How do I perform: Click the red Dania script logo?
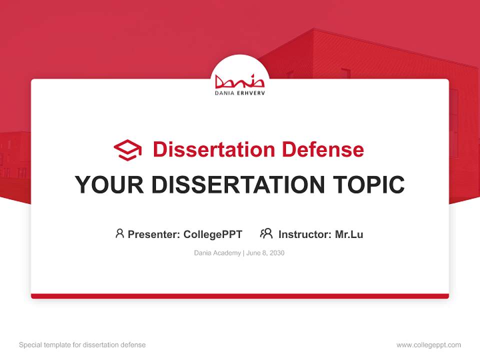pos(239,81)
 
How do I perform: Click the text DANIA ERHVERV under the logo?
pos(239,93)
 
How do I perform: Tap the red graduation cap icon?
pos(127,149)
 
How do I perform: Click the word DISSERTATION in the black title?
pos(237,184)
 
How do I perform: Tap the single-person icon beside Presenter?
pos(119,233)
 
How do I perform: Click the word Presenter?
pos(154,234)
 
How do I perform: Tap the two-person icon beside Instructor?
pos(266,233)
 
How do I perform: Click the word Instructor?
pos(305,234)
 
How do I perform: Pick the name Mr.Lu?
pos(349,234)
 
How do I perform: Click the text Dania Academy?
pos(217,253)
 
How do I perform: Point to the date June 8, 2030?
pos(265,253)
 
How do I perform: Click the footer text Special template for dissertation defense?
pos(82,345)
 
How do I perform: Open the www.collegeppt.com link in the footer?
pos(428,345)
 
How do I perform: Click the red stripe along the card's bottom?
pos(239,296)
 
